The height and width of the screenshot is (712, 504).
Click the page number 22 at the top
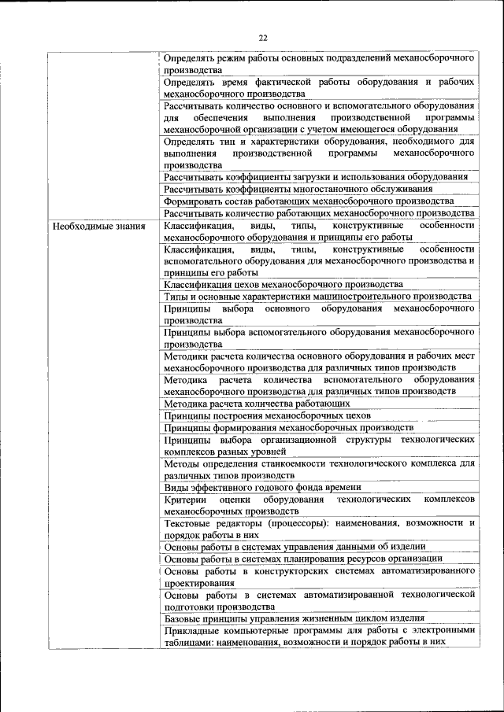click(263, 37)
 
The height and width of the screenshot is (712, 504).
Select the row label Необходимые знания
click(98, 227)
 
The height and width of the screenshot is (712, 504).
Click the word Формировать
click(196, 201)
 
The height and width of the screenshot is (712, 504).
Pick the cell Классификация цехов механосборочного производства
click(283, 284)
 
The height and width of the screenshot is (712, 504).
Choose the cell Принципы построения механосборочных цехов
click(268, 415)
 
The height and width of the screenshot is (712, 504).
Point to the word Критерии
click(186, 500)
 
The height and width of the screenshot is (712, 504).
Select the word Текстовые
click(190, 523)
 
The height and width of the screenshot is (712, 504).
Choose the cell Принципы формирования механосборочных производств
click(288, 427)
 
